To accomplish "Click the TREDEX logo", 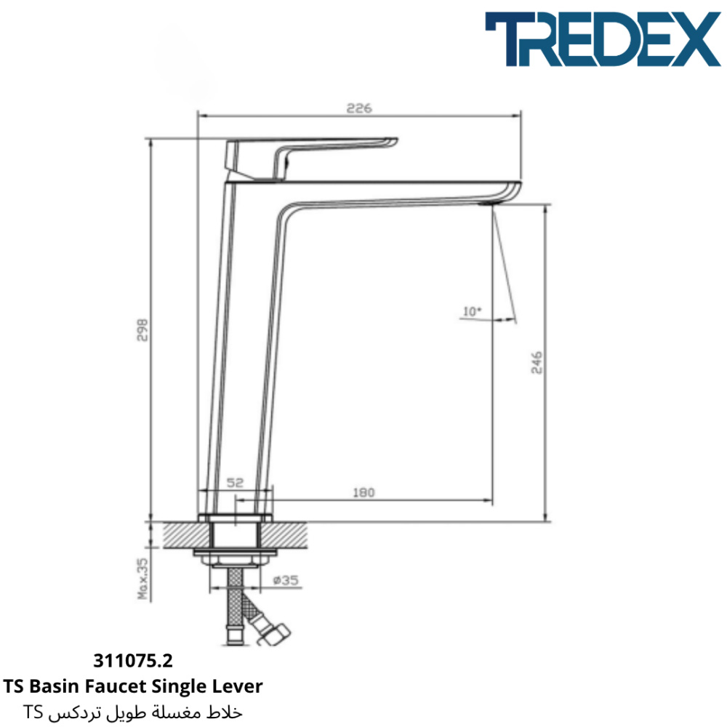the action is point(603,39).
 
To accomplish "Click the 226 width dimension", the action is point(359,108).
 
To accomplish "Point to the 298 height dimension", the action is point(142,329).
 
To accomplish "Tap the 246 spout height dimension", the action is point(537,362).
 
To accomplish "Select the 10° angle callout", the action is point(473,311).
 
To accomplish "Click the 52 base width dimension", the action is point(235,483).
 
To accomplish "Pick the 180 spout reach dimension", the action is point(363,492).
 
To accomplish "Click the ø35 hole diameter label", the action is point(286,579).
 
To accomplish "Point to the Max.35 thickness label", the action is point(143,578).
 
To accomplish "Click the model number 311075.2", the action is point(133,661).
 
